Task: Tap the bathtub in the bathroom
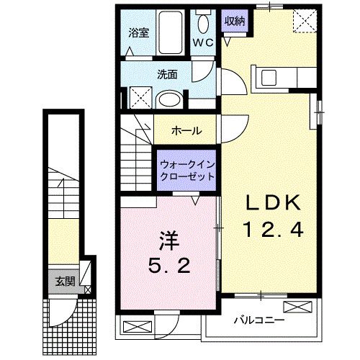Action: click(x=171, y=31)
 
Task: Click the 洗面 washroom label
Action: click(x=168, y=73)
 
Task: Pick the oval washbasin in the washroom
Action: click(x=171, y=99)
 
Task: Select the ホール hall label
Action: click(x=186, y=131)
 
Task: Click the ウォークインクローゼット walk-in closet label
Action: click(x=186, y=170)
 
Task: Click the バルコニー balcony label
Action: click(x=259, y=320)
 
